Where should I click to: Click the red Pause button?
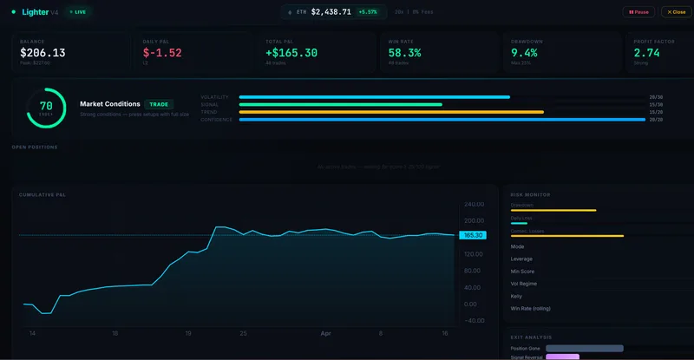click(x=639, y=12)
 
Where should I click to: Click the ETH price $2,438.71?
click(x=331, y=12)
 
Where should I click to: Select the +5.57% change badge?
click(x=368, y=12)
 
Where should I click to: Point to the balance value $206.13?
click(x=43, y=53)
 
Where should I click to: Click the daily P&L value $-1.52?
click(x=162, y=53)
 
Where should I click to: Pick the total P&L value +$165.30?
click(x=292, y=53)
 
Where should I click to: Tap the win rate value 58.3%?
click(x=405, y=53)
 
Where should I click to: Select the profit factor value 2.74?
click(x=648, y=53)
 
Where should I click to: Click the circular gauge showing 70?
click(x=46, y=108)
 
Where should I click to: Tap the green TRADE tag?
click(x=159, y=104)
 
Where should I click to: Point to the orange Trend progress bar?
click(x=390, y=112)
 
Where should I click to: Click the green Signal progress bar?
click(x=340, y=104)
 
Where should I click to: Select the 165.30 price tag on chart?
click(x=473, y=235)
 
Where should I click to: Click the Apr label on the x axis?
click(x=325, y=333)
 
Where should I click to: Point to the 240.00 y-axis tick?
click(x=475, y=205)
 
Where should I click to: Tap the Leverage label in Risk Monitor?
click(x=522, y=259)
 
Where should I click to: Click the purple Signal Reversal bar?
click(x=563, y=357)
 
